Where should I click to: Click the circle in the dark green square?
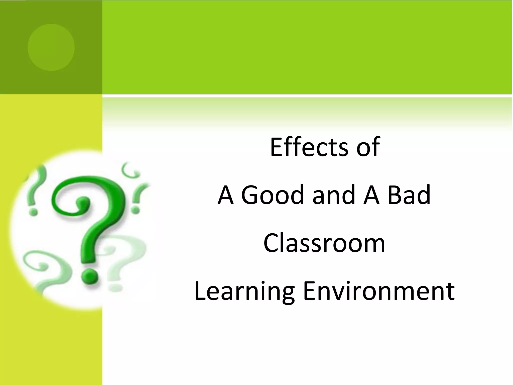(x=51, y=47)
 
